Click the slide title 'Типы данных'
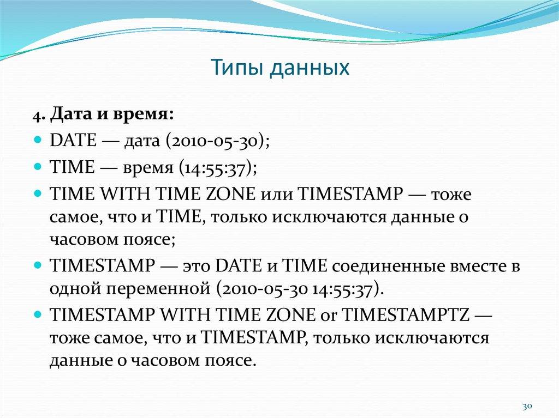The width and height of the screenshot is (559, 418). tap(279, 69)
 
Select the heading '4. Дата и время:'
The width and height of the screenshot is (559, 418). tap(103, 116)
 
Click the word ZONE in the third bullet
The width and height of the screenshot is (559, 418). tap(231, 194)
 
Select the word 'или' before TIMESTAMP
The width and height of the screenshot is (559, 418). tap(276, 194)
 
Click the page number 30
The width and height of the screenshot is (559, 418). tap(527, 407)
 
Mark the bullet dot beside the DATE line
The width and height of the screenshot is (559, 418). tap(38, 140)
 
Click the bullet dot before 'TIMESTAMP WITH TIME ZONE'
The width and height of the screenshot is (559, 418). tap(38, 314)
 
